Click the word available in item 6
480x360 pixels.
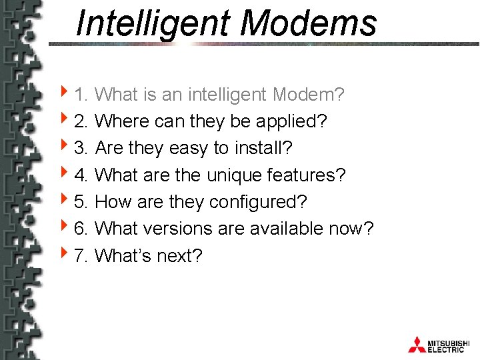(287, 229)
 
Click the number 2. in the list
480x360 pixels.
(82, 121)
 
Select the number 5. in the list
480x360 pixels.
(82, 202)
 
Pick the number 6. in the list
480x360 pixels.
(82, 229)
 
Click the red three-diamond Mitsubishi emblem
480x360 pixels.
(417, 343)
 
